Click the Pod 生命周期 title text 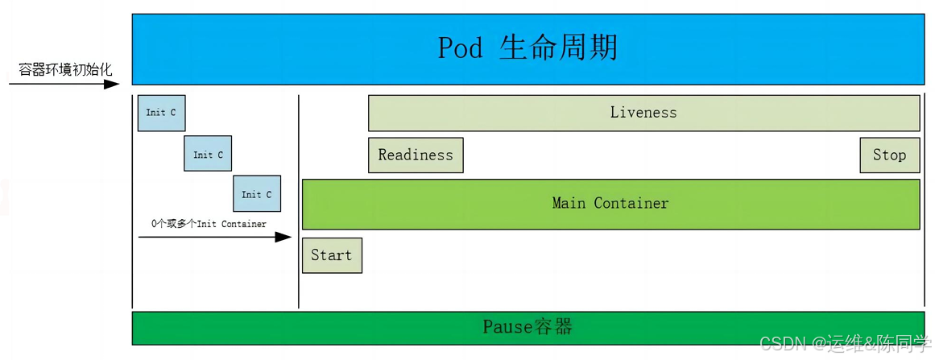coord(527,48)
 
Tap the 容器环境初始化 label coord(65,70)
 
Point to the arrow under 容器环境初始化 coord(64,84)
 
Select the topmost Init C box coord(162,113)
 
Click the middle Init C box coord(208,154)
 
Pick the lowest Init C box coord(257,194)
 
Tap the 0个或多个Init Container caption coord(209,224)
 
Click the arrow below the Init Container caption coord(215,238)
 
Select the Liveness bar coord(644,113)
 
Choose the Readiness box coord(416,155)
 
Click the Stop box coord(890,155)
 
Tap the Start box coord(332,255)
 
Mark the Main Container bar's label coord(610,203)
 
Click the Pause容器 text coord(527,327)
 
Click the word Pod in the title coord(460,48)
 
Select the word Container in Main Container coord(631,203)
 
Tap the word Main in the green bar coord(569,203)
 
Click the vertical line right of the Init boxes coord(298,201)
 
